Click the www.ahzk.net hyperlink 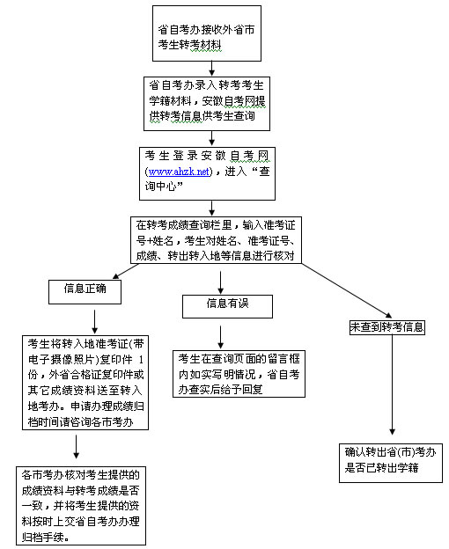[x=179, y=172]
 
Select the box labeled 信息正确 [x=85, y=292]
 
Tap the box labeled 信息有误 [x=227, y=306]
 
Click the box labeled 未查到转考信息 [x=387, y=327]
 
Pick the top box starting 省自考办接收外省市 [x=207, y=33]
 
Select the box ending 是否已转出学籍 [x=391, y=463]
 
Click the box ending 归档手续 [x=81, y=505]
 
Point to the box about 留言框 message [x=239, y=374]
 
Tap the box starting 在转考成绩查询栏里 [x=216, y=240]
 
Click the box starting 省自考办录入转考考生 [x=207, y=104]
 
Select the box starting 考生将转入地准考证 [x=85, y=383]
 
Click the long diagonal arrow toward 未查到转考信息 [x=347, y=290]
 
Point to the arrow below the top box [x=211, y=69]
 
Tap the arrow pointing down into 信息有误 [x=220, y=282]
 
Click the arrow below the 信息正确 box [x=94, y=321]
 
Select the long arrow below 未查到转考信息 [x=393, y=384]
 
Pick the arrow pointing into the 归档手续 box [x=76, y=447]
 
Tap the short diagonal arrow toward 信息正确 [x=126, y=271]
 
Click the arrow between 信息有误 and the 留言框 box [x=220, y=337]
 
